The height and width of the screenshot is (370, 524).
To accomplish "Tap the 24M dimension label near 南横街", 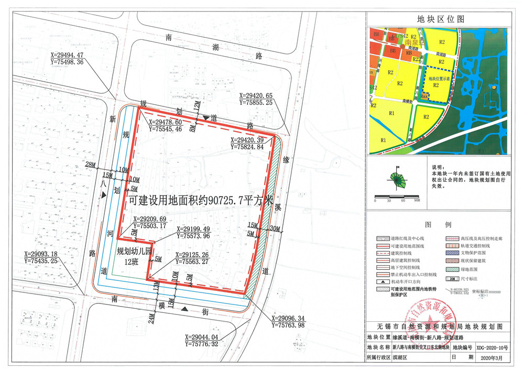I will [x=151, y=316].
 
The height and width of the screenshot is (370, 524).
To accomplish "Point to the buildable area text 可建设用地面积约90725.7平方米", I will [x=201, y=200].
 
